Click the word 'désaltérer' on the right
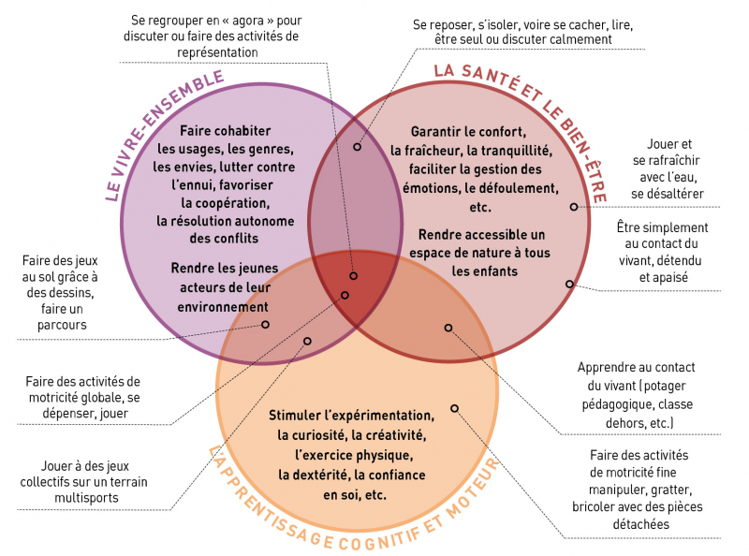coord(668,194)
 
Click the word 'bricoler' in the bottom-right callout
coord(599,506)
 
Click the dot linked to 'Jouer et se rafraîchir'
coord(575,206)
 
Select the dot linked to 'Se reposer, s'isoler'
coord(358,147)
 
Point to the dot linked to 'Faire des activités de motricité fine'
coord(454,408)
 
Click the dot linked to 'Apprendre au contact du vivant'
coord(448,328)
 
